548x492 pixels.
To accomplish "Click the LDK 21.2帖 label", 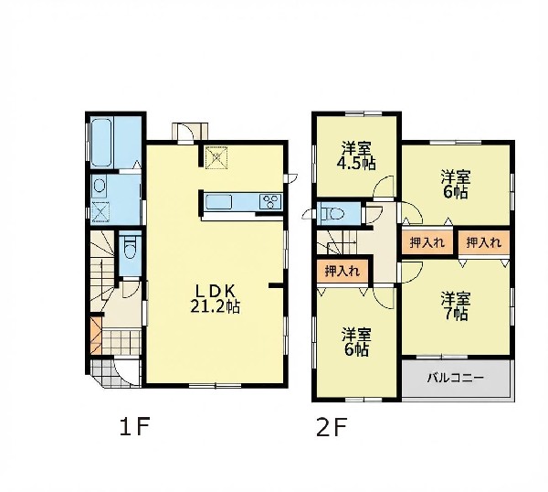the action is tap(216, 298).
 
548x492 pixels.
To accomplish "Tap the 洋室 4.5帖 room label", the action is tap(356, 156).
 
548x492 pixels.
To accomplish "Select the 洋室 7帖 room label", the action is tap(456, 306).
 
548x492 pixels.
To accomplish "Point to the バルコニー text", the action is tap(456, 378).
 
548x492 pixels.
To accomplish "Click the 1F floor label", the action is tap(135, 427).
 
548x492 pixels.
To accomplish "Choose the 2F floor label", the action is tap(332, 427).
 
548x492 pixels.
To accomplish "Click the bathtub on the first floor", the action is tap(101, 143).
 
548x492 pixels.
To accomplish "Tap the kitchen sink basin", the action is tap(219, 202).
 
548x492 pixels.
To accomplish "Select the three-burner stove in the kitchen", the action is tap(270, 202).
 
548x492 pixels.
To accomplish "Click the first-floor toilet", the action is tap(130, 247).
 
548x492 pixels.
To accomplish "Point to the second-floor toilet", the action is tap(333, 213).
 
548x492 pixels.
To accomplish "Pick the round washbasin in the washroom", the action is tap(100, 187).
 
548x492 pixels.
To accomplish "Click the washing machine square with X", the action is tap(100, 212).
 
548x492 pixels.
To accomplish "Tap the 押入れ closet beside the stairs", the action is tap(342, 272).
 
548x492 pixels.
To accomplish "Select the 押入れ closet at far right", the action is tap(484, 242).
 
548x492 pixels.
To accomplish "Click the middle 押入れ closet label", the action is tap(427, 242).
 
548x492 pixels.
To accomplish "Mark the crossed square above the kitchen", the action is tap(216, 157).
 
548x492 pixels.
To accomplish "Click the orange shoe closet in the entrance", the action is tap(95, 336).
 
